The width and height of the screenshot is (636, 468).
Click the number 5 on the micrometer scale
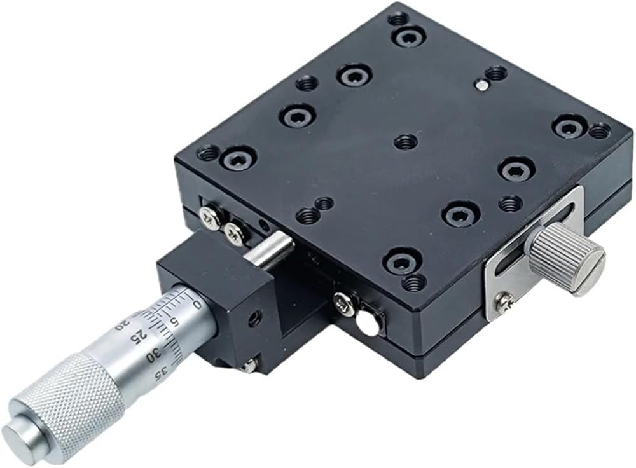coord(174,322)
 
